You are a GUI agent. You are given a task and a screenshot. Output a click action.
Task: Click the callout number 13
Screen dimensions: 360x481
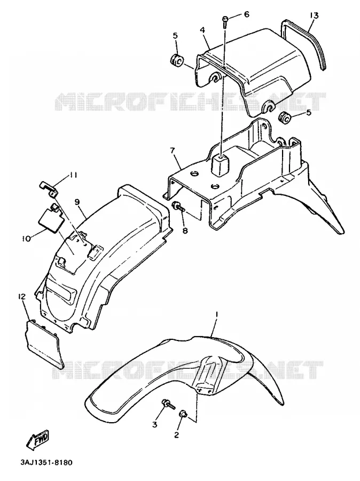tap(314, 15)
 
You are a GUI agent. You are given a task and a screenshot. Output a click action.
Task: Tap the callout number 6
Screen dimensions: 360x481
tap(247, 14)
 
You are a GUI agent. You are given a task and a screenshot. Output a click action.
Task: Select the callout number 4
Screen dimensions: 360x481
tap(202, 30)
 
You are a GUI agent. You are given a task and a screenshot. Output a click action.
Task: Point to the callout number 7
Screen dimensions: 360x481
tap(173, 151)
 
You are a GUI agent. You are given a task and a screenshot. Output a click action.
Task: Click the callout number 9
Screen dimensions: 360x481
tap(77, 201)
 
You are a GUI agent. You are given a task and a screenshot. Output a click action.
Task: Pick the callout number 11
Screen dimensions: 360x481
tap(73, 175)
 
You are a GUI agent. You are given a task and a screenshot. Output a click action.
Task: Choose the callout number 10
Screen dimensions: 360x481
tap(26, 238)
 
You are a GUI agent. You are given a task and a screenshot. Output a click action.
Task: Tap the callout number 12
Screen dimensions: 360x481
tap(22, 297)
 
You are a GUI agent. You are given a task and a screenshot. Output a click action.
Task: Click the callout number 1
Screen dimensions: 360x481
tap(216, 314)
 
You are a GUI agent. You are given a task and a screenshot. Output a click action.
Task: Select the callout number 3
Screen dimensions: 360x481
tap(154, 424)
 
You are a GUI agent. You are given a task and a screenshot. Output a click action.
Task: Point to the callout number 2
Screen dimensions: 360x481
tap(176, 435)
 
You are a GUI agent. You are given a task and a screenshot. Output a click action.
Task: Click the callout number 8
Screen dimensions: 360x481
tap(185, 230)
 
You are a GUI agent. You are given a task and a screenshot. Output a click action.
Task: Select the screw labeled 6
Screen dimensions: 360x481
tap(225, 22)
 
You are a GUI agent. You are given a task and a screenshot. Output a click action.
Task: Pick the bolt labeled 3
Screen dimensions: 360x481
tap(168, 405)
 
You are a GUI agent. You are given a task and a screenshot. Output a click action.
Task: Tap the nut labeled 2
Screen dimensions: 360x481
tap(183, 414)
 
